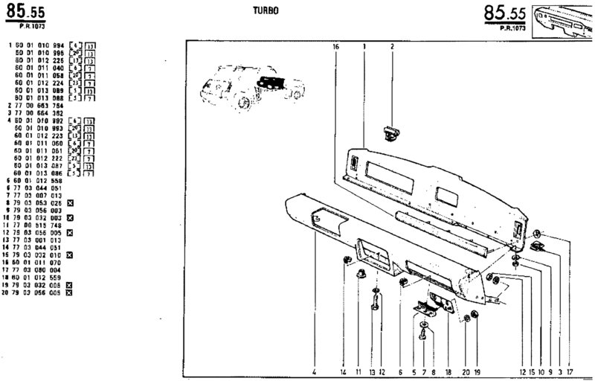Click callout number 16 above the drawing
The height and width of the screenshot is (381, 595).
pos(336,47)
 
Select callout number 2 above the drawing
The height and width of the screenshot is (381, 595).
pos(392,47)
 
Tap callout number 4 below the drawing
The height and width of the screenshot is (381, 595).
pos(315,371)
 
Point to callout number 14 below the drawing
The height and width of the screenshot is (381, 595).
pos(343,371)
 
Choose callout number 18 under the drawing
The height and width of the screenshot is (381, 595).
pos(448,371)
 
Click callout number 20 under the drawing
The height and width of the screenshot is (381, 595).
pos(465,371)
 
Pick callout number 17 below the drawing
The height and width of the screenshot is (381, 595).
pos(570,371)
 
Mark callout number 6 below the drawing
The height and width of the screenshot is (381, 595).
pos(400,371)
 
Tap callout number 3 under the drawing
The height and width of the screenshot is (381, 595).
pos(559,371)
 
